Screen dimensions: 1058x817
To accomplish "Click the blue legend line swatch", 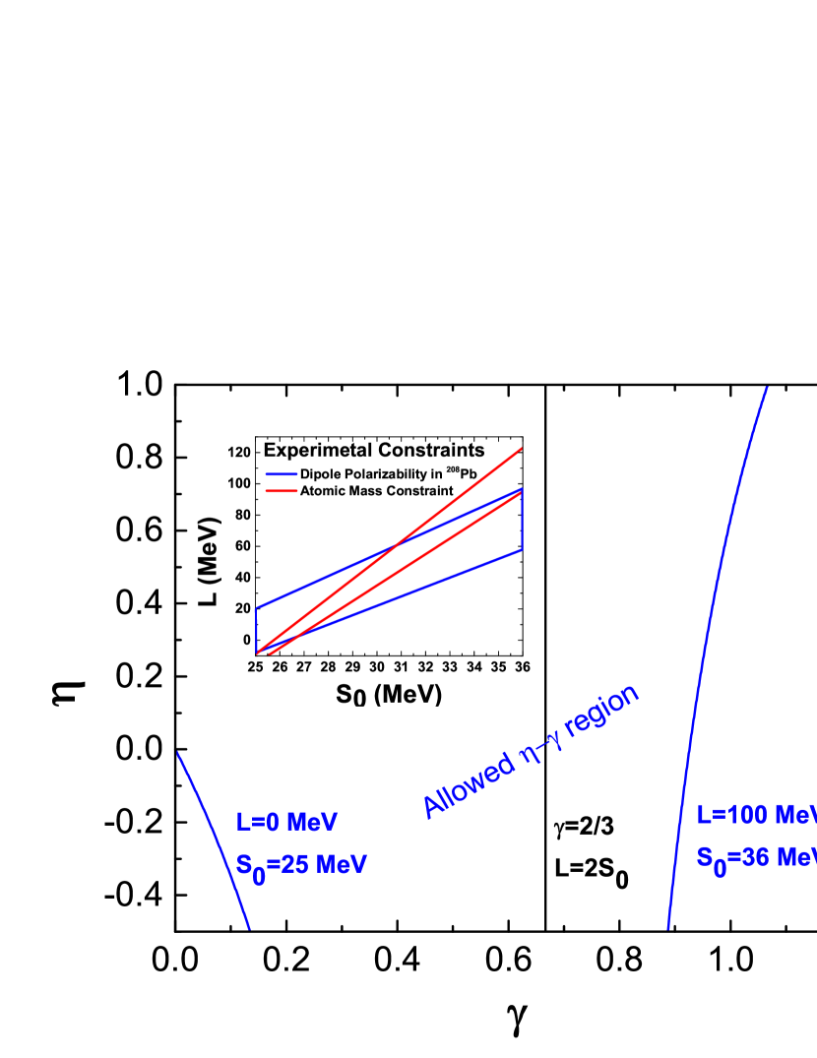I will pyautogui.click(x=282, y=474).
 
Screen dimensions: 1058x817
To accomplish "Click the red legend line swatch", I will pyautogui.click(x=282, y=490).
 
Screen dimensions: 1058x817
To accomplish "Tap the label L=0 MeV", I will pyautogui.click(x=286, y=822).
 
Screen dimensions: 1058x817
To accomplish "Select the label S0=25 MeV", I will pyautogui.click(x=301, y=866).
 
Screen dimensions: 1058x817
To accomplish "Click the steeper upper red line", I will pyautogui.click(x=453, y=501).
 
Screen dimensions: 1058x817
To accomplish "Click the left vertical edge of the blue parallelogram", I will pyautogui.click(x=256, y=630).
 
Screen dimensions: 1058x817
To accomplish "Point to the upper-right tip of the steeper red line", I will pyautogui.click(x=521, y=449).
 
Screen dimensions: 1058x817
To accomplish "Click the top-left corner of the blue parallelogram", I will pyautogui.click(x=256, y=609).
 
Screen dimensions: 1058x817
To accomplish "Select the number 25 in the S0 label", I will pyautogui.click(x=296, y=865).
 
